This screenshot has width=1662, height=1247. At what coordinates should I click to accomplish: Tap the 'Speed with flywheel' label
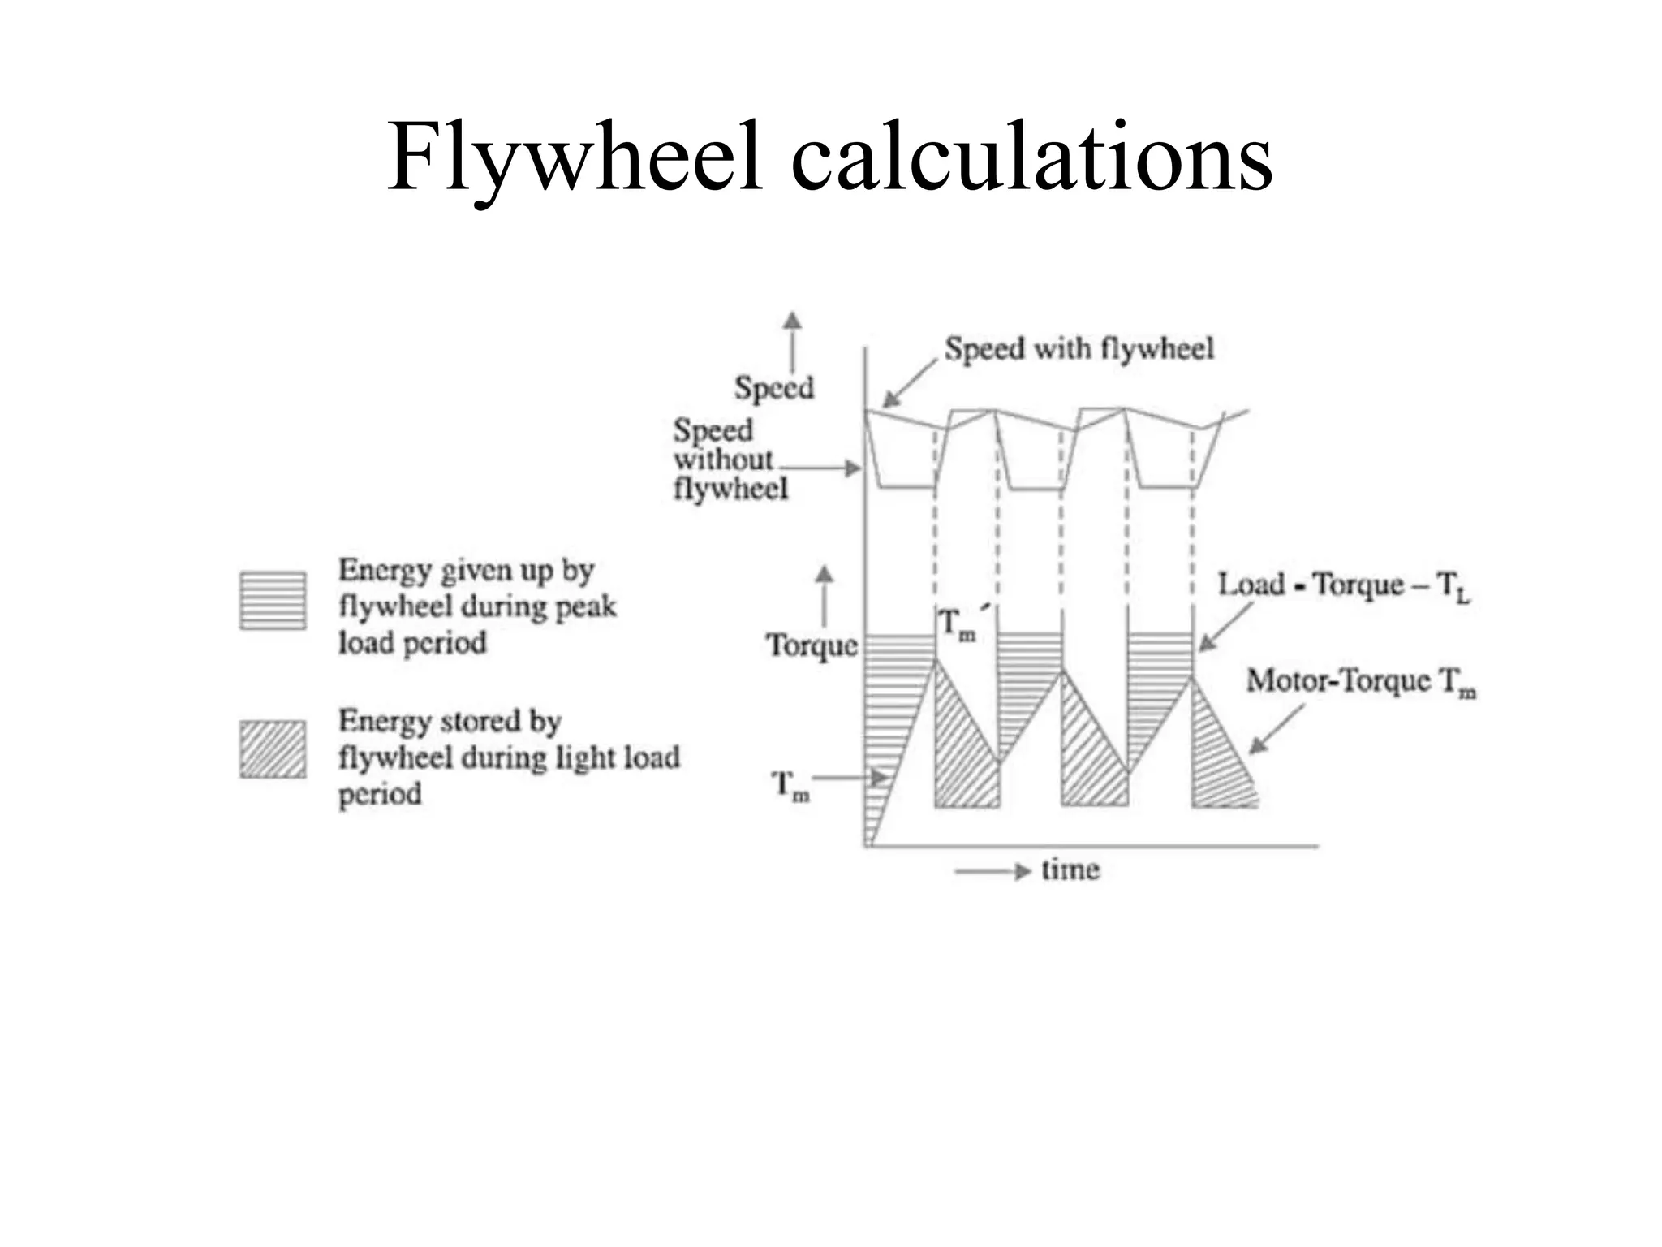[x=1079, y=349]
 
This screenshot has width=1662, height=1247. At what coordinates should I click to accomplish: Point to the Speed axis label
[x=773, y=387]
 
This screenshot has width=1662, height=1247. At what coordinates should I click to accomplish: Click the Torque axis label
[x=812, y=645]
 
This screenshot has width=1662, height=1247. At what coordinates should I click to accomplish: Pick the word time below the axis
[x=1070, y=870]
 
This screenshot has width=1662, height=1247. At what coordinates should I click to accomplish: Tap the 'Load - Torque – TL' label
[x=1343, y=585]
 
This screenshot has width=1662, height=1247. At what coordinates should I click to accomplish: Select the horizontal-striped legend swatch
[x=273, y=601]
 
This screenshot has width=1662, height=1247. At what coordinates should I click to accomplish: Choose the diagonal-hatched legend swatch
[x=273, y=749]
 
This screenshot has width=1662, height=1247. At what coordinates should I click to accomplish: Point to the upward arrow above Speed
[x=792, y=341]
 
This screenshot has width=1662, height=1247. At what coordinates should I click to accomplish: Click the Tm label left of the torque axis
[x=789, y=786]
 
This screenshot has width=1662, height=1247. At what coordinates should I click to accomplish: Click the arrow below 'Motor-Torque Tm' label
[x=1276, y=730]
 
